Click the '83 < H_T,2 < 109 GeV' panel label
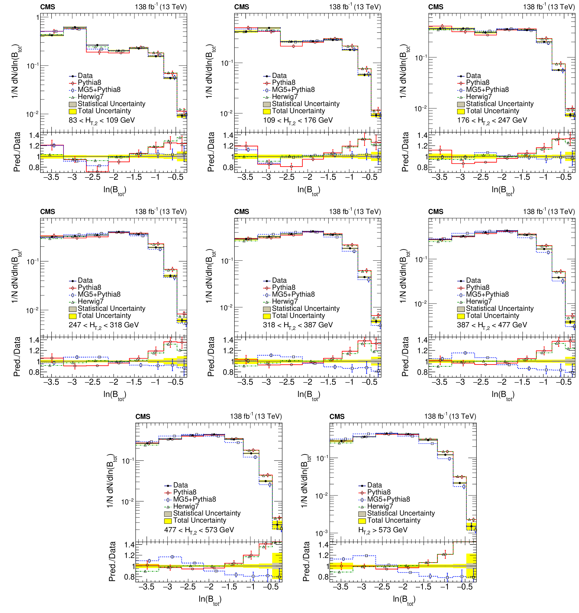pos(102,120)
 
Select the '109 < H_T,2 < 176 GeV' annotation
pos(298,120)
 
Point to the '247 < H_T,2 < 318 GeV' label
pos(104,325)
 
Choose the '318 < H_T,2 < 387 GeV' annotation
pos(298,325)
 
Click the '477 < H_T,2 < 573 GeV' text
pos(199,530)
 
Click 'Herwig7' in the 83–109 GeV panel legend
pos(91,97)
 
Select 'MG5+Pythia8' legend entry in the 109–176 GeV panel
pos(293,89)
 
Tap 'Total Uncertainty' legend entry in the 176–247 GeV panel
pos(492,111)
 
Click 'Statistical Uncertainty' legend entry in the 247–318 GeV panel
pos(111,308)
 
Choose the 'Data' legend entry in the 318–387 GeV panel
pos(279,280)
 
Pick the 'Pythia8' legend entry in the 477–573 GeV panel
pos(185,492)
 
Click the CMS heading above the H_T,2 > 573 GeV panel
pos(337,417)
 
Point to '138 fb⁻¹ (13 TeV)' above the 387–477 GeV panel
pos(549,212)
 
